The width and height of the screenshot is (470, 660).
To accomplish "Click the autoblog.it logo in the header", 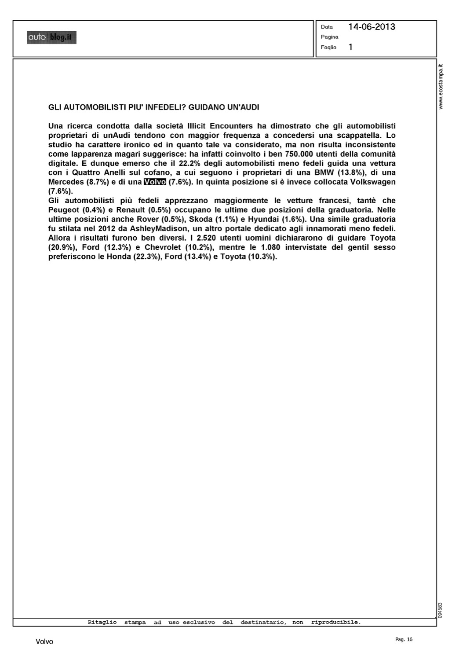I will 52,38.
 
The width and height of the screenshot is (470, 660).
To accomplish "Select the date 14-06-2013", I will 372,27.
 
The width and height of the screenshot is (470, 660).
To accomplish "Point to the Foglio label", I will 328,47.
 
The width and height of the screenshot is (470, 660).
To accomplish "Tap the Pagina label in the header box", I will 329,37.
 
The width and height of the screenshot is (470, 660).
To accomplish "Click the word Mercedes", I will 66,182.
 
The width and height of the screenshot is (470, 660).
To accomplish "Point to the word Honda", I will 119,257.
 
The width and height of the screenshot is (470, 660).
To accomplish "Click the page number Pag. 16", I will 404,639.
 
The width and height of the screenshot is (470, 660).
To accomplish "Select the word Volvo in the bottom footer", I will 44,642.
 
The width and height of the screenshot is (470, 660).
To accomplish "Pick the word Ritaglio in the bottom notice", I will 102,622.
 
